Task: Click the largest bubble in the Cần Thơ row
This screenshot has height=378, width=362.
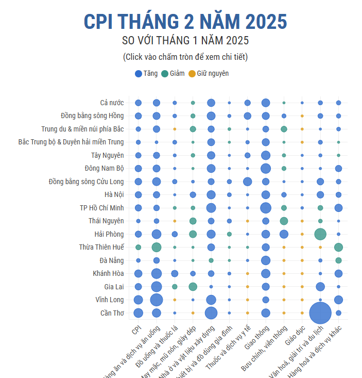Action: point(320,313)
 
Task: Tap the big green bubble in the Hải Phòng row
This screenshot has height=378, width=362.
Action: point(320,234)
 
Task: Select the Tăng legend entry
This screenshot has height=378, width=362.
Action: point(146,74)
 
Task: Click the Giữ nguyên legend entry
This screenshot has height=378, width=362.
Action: point(208,74)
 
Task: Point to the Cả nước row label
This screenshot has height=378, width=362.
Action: point(112,103)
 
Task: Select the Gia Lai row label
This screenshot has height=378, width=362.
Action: point(114,287)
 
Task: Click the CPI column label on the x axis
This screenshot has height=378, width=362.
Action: point(136,330)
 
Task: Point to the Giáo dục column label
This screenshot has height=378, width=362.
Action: point(295,334)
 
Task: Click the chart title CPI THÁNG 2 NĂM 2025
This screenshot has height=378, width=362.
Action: point(185,22)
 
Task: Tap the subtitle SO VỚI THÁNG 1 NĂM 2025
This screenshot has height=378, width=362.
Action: point(185,40)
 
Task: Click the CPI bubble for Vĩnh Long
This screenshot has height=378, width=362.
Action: point(138,300)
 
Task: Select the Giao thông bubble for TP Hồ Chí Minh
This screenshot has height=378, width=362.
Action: point(266,208)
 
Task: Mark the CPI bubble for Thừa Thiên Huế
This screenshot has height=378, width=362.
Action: point(138,247)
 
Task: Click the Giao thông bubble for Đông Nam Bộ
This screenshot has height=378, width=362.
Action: point(266,168)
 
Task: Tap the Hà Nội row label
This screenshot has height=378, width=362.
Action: point(114,194)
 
